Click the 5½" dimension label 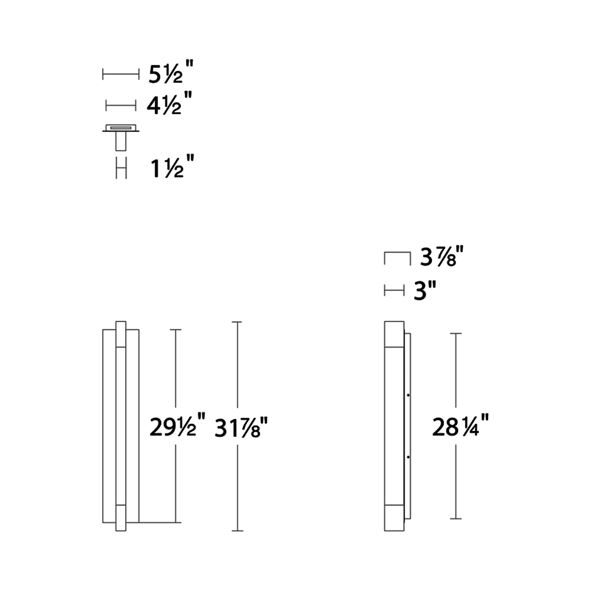171,72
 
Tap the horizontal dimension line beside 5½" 121,74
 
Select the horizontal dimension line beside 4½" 121,105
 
